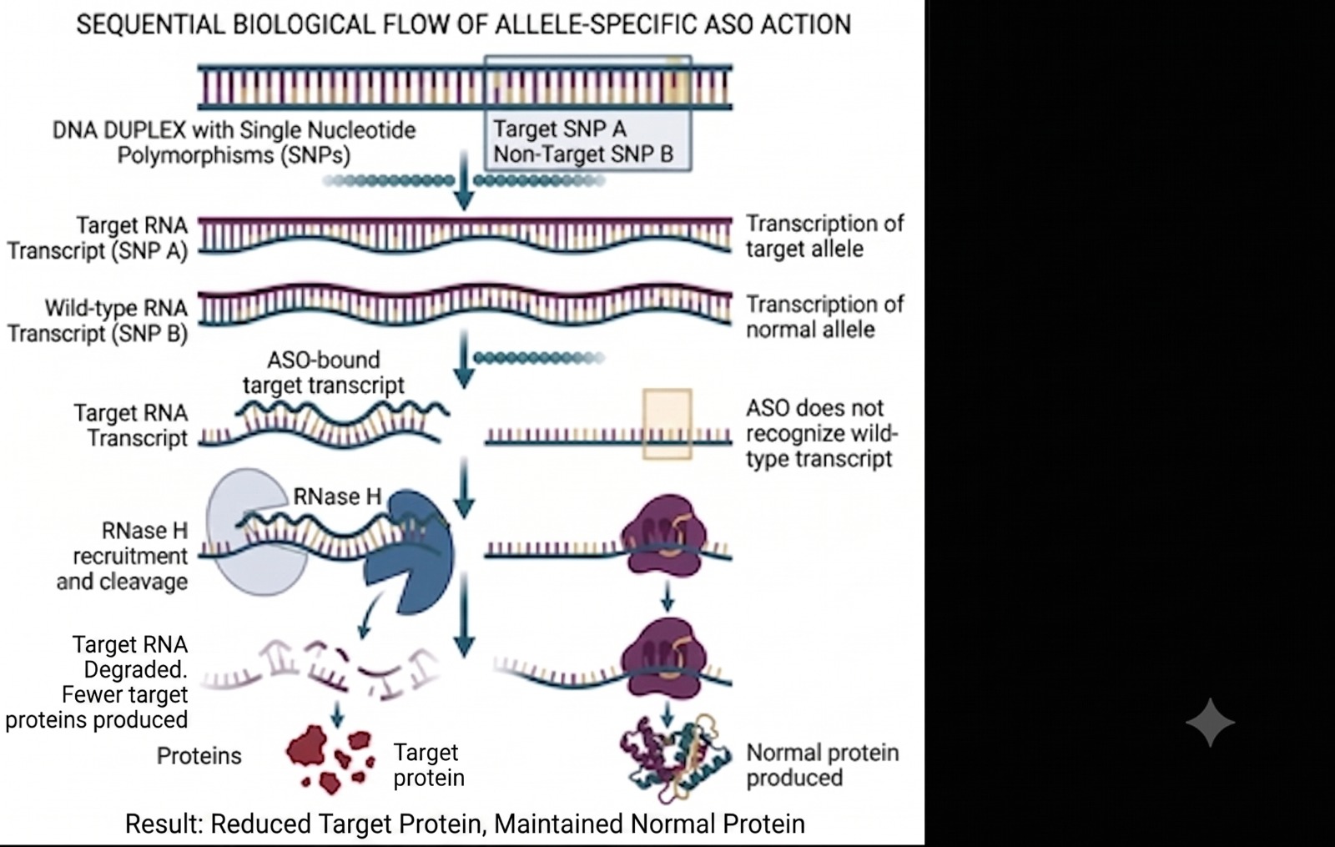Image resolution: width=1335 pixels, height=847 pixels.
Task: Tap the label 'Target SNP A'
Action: [560, 129]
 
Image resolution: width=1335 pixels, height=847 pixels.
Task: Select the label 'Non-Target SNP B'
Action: [583, 154]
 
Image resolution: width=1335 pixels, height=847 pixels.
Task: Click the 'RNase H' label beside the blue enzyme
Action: [337, 497]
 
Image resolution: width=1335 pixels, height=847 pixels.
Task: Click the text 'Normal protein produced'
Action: [823, 764]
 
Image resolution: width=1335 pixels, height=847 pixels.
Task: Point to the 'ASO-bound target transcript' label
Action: [324, 372]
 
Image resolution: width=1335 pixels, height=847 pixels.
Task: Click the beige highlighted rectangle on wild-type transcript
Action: [667, 425]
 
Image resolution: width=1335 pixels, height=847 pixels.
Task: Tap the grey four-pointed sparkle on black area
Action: [1210, 723]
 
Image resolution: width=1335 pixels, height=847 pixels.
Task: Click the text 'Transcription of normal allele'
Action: [825, 316]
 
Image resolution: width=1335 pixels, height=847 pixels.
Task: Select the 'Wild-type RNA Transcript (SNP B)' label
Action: [98, 320]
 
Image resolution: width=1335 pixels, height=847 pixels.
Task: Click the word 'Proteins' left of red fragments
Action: [199, 756]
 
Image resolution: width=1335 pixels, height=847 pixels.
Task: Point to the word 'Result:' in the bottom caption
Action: [164, 824]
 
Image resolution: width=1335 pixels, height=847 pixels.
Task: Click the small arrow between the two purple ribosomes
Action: [667, 597]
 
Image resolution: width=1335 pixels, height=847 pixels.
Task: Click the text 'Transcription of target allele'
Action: [825, 236]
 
